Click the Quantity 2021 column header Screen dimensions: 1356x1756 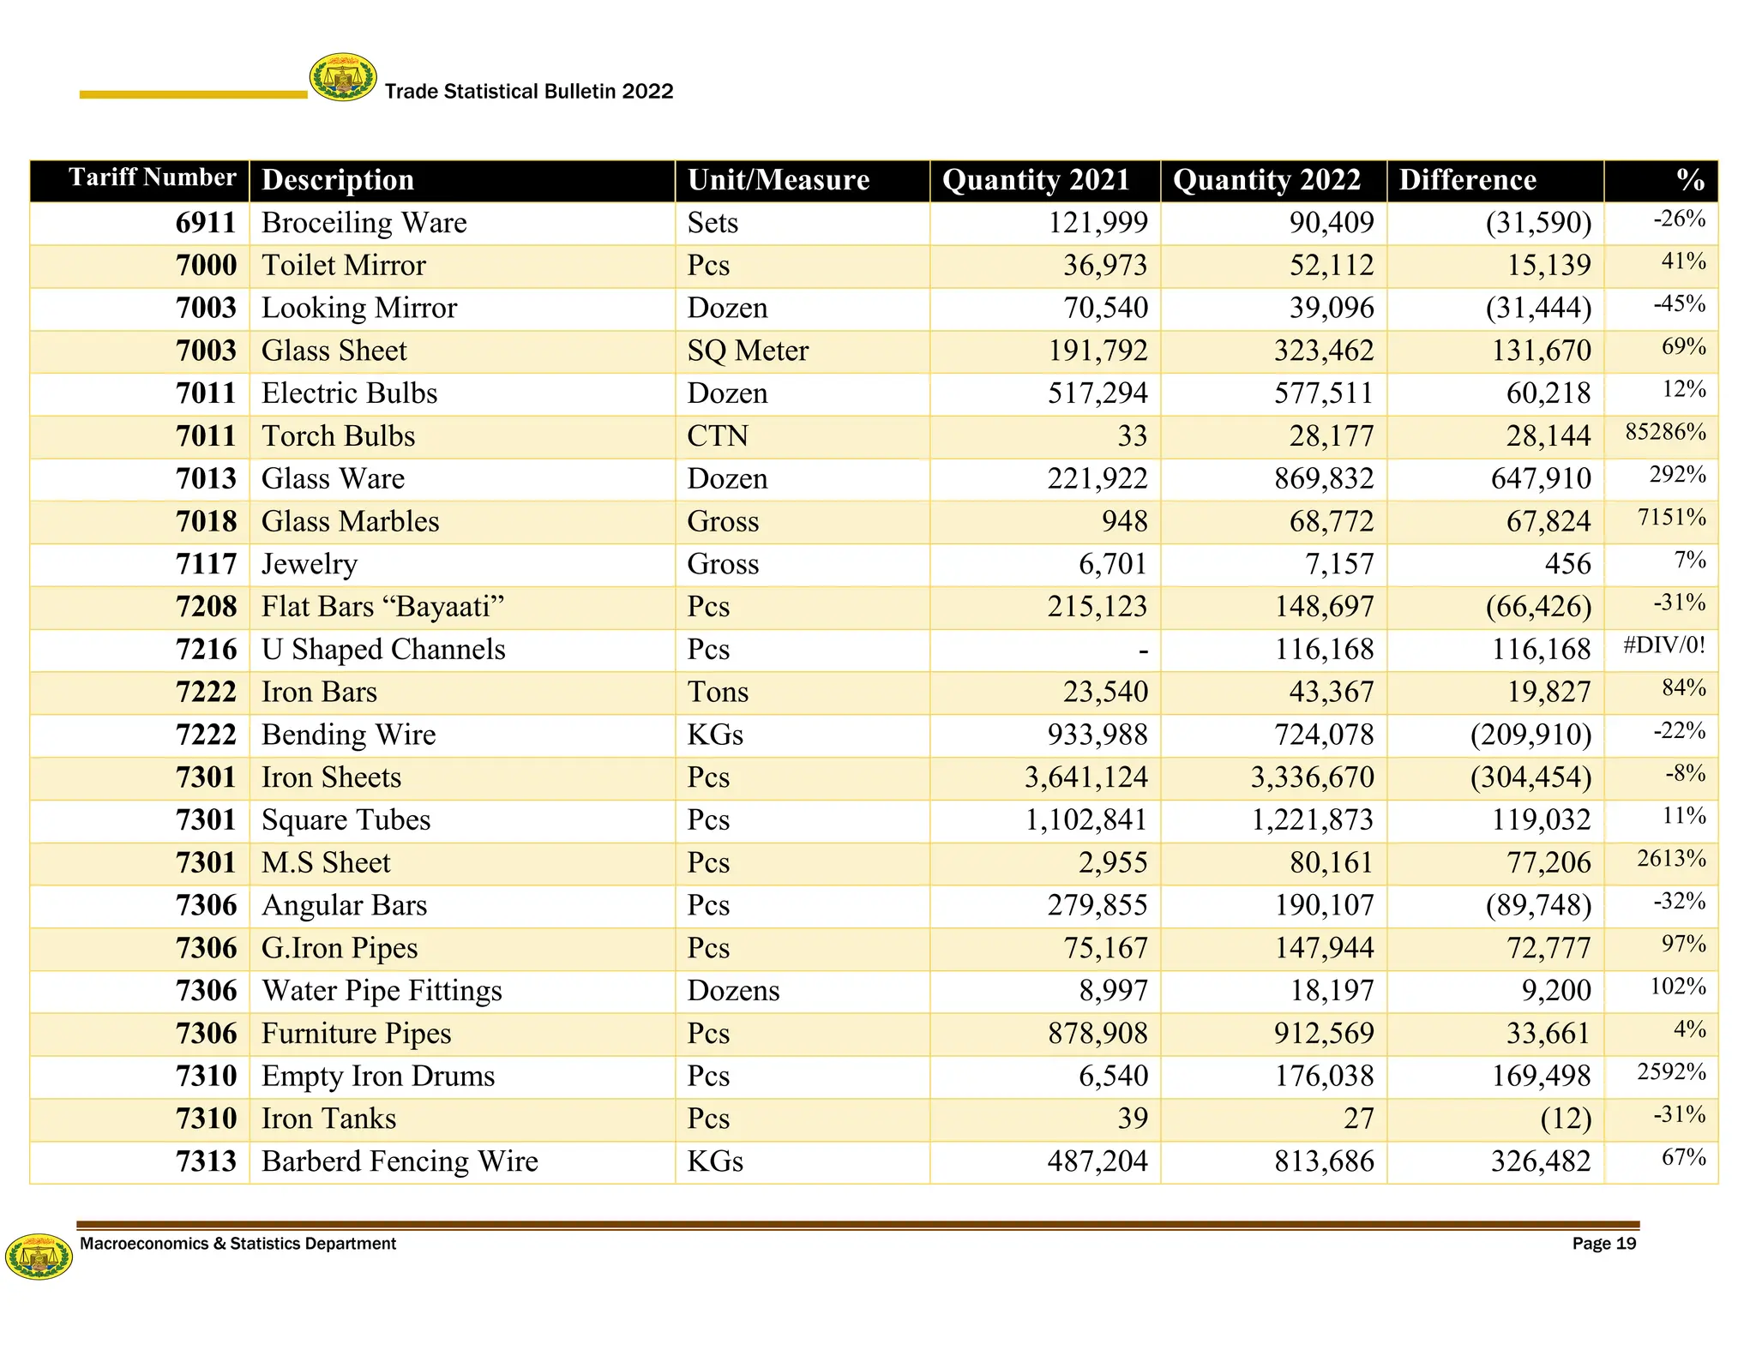click(1036, 180)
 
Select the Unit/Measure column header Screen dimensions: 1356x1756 click(778, 180)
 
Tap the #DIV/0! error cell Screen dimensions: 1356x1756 click(1664, 645)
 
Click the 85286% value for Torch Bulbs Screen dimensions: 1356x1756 click(1665, 432)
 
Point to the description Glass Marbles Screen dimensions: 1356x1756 click(350, 521)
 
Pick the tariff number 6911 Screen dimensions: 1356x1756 click(206, 223)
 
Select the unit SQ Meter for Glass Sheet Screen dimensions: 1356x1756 click(747, 351)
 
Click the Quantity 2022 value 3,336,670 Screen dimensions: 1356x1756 click(1312, 777)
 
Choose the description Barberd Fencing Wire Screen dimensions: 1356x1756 click(400, 1161)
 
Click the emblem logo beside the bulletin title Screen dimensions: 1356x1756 click(343, 77)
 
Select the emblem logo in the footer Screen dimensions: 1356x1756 click(39, 1257)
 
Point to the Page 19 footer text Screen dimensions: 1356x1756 click(1603, 1244)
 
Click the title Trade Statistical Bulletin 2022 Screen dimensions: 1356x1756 click(529, 92)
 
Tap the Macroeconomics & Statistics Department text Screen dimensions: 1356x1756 click(238, 1244)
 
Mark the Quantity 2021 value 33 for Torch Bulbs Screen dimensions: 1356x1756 click(1132, 436)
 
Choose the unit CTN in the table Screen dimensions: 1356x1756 click(717, 436)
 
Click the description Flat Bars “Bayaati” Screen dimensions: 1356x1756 click(382, 607)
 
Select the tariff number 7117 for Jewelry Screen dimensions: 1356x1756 click(206, 564)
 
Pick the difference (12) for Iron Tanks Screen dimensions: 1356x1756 click(1566, 1119)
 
